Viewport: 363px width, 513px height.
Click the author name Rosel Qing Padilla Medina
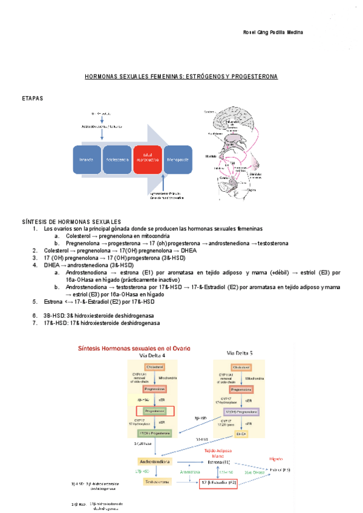(272, 32)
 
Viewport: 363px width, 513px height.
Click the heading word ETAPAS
(32, 98)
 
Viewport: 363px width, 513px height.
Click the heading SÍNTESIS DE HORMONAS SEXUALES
(71, 222)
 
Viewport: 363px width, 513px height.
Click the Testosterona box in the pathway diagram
(156, 482)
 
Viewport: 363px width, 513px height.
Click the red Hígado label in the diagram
(276, 459)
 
